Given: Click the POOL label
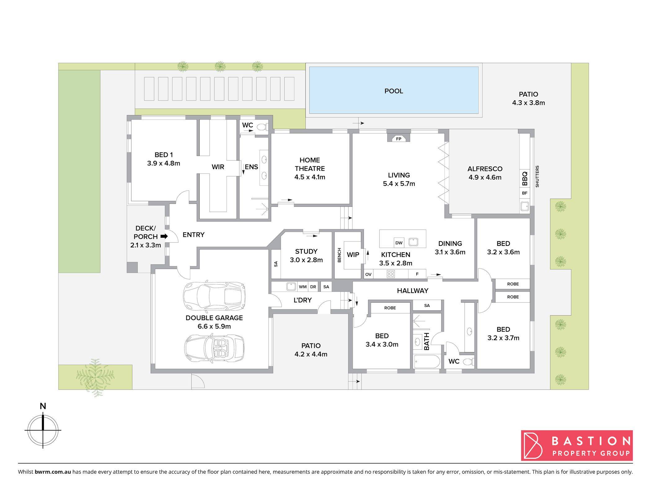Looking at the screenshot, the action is [394, 91].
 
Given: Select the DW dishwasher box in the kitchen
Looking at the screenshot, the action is [399, 243].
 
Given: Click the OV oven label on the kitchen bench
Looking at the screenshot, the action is [368, 274].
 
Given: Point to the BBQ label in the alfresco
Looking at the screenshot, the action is [525, 179].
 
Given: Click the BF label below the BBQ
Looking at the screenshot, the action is [525, 193].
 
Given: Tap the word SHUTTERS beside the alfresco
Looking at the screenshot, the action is [537, 176].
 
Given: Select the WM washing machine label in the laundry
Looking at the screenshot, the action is [303, 287].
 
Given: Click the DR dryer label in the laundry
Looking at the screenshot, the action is [313, 287].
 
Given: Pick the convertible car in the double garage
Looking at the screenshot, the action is [214, 348].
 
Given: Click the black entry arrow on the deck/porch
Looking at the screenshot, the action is [164, 236].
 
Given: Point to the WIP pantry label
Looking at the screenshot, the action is [353, 255].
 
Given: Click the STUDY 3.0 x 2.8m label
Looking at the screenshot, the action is [306, 256].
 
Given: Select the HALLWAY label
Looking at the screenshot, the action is [413, 291].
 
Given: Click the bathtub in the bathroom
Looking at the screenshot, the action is [427, 361].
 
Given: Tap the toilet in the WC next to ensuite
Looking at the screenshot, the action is [262, 127].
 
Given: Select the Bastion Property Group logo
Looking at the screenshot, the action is [577, 445].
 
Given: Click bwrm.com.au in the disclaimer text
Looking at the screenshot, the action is [53, 472].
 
